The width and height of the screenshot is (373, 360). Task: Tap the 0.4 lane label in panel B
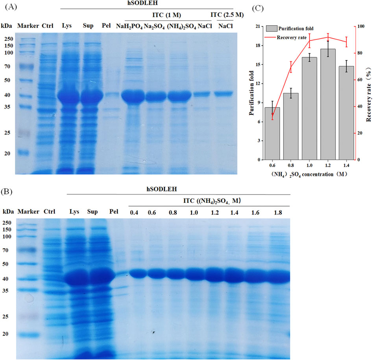(x=135, y=212)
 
